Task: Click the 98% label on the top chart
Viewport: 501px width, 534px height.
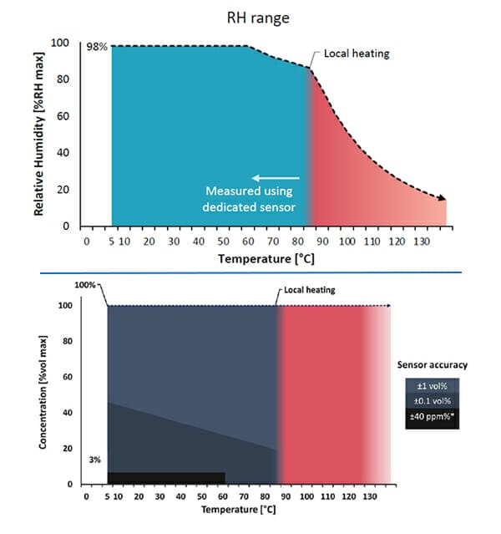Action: click(97, 47)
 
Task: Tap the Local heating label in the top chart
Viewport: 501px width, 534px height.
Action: click(357, 53)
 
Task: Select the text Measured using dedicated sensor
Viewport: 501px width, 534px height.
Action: click(250, 198)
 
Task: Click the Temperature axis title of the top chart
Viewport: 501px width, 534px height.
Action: click(266, 259)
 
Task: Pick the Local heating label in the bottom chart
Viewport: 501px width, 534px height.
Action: click(305, 292)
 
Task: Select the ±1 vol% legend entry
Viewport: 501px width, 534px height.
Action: click(431, 385)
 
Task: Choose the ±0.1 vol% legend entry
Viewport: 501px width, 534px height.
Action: click(431, 401)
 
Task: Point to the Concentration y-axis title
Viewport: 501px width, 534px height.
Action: click(42, 392)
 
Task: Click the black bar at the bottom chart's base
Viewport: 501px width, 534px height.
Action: click(166, 478)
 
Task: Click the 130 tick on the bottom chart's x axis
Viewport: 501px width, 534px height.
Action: click(368, 496)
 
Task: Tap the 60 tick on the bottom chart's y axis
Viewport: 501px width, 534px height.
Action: click(68, 377)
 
